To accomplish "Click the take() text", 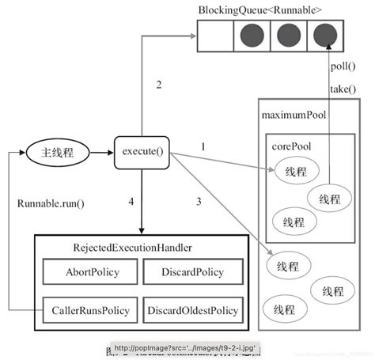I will click(x=343, y=89).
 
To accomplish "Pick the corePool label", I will click(x=290, y=147).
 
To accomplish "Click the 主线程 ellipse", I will click(x=54, y=150).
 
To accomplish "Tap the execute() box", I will click(x=142, y=150).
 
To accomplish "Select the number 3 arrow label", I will click(x=198, y=201).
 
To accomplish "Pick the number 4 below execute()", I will click(x=131, y=201).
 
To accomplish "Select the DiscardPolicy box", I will click(x=191, y=273).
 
